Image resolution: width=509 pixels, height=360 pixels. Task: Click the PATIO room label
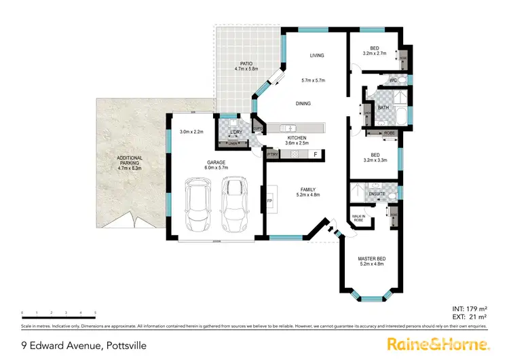[237, 64]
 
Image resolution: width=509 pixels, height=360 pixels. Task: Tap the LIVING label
[317, 56]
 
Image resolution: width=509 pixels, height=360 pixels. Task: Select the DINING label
[303, 104]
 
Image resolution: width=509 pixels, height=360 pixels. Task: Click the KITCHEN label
[297, 138]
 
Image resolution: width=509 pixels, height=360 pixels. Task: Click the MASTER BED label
[372, 259]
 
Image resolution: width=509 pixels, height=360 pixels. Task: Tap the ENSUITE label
[377, 194]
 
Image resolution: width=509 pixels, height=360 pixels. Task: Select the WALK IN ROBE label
[358, 219]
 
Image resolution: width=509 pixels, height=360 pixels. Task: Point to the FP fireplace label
[269, 202]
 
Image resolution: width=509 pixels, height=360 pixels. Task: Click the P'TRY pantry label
[273, 155]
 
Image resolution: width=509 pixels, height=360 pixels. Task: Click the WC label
[393, 81]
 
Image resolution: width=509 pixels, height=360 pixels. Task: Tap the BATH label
[383, 107]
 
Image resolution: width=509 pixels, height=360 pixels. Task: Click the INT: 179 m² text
[469, 309]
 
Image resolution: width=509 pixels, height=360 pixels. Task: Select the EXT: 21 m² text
[470, 317]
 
